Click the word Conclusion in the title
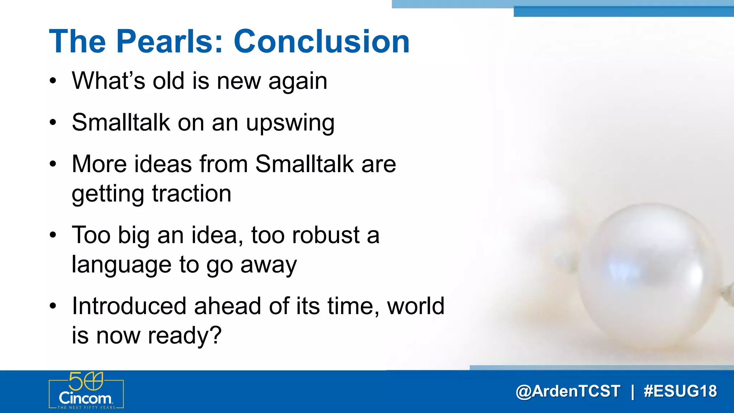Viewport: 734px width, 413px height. click(x=321, y=42)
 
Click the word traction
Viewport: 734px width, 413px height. click(x=192, y=194)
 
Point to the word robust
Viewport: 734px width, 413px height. click(x=325, y=235)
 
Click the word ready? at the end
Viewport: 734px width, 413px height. click(x=185, y=336)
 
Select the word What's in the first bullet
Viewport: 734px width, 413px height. click(x=108, y=81)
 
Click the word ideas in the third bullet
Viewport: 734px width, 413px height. click(x=163, y=164)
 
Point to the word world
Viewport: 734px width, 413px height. click(x=416, y=306)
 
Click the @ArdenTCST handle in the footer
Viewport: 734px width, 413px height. click(x=568, y=391)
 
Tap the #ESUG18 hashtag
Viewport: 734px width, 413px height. click(x=680, y=391)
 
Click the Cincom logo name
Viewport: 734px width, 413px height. click(x=85, y=398)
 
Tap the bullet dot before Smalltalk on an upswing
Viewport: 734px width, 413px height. click(x=53, y=123)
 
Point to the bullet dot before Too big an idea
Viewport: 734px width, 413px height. click(x=53, y=236)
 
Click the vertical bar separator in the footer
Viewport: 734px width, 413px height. click(x=632, y=391)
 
